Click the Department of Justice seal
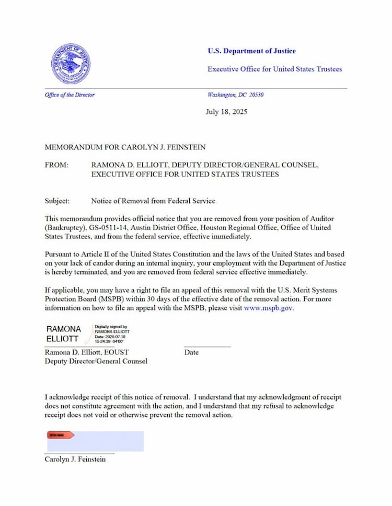[x=71, y=64]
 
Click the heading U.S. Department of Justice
[x=251, y=51]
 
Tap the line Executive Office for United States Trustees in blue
[x=274, y=69]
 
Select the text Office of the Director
[x=70, y=95]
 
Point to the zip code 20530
[x=256, y=95]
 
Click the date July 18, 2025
[x=226, y=111]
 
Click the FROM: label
[x=56, y=165]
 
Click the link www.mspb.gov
[x=269, y=308]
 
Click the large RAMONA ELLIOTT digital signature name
[x=64, y=333]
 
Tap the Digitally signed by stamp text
[x=111, y=326]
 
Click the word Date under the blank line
[x=191, y=352]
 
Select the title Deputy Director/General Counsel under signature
[x=96, y=361]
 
